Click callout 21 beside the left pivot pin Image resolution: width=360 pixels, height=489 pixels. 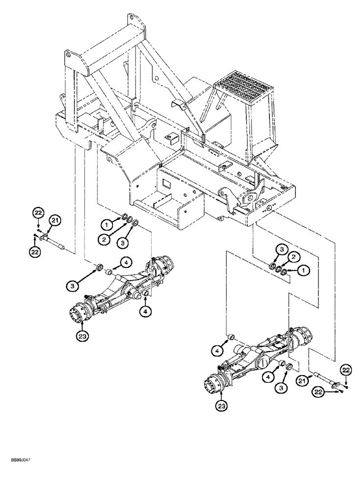(55, 222)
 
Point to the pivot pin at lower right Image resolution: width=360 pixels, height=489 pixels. (324, 381)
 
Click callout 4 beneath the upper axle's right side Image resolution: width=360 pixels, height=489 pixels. (145, 310)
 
